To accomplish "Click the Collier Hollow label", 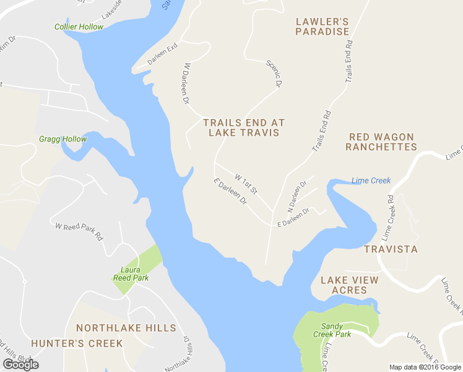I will tap(79, 27).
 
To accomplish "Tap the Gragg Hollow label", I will tap(63, 139).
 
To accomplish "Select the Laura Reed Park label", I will tap(131, 274).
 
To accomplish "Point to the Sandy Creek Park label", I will tap(336, 330).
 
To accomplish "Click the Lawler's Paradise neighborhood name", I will tap(322, 26).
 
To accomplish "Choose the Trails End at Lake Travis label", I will tap(244, 128).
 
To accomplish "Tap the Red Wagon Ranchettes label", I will tap(381, 141).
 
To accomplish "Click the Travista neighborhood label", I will tap(391, 249).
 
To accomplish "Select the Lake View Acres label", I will tap(349, 285).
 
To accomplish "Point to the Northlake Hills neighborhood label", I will tap(126, 327).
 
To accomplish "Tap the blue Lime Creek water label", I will tap(371, 180).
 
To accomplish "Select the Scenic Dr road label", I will tap(274, 73).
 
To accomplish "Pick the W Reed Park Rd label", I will tap(79, 232).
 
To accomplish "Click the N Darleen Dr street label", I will tap(298, 195).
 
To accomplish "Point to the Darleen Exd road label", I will tap(163, 55).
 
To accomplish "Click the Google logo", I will tap(20, 365).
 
